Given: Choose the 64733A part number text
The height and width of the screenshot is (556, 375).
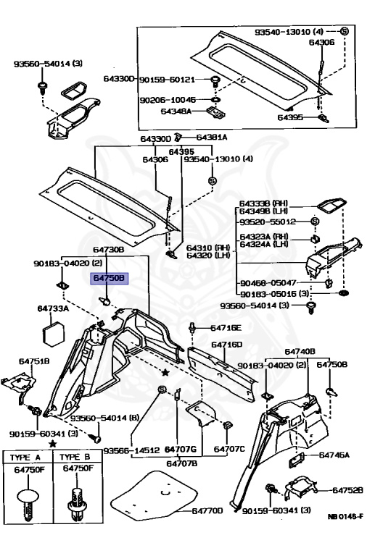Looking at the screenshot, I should pyautogui.click(x=53, y=308).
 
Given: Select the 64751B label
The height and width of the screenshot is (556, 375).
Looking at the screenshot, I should pyautogui.click(x=34, y=361).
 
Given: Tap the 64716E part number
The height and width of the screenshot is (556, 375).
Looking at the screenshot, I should pyautogui.click(x=226, y=328).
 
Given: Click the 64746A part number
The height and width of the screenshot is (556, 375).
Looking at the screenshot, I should pyautogui.click(x=334, y=455).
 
